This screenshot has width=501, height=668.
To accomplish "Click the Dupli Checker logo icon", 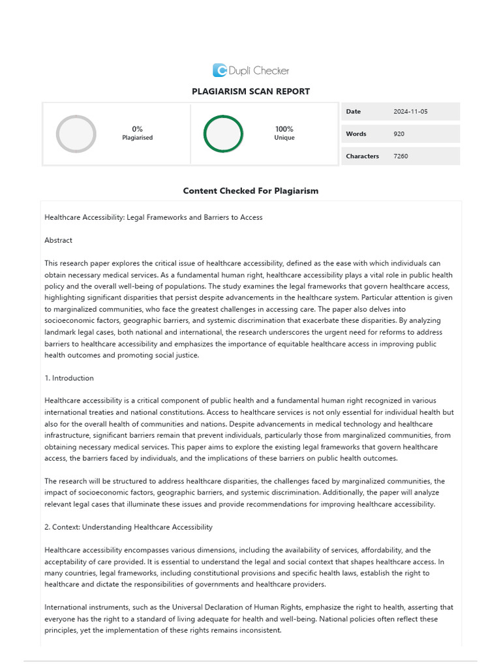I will [220, 70].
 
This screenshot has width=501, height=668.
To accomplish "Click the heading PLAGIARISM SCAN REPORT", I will [250, 91].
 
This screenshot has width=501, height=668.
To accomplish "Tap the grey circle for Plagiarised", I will [76, 134].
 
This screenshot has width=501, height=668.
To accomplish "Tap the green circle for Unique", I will [223, 134].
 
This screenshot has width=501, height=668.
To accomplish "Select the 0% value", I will [137, 129].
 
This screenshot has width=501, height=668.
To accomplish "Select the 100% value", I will [284, 129].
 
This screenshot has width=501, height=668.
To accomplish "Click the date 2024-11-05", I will [411, 112].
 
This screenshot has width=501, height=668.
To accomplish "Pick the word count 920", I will [399, 134].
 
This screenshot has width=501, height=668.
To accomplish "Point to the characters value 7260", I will [401, 156].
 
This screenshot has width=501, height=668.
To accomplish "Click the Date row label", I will [353, 112].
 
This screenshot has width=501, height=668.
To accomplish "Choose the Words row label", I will [356, 134].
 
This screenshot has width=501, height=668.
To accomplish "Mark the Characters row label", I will [362, 156].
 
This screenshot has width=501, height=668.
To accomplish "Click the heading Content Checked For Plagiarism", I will [250, 190].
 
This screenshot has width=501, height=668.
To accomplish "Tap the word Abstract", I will [58, 240].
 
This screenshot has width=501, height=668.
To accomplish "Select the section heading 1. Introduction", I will [69, 378].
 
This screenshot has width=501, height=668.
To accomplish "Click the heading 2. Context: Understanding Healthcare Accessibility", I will [129, 526].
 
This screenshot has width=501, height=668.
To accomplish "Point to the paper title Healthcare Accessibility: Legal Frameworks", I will [153, 217].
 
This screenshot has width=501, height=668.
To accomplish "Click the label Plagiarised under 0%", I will [137, 138].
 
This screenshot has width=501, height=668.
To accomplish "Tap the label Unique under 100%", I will [284, 138].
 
